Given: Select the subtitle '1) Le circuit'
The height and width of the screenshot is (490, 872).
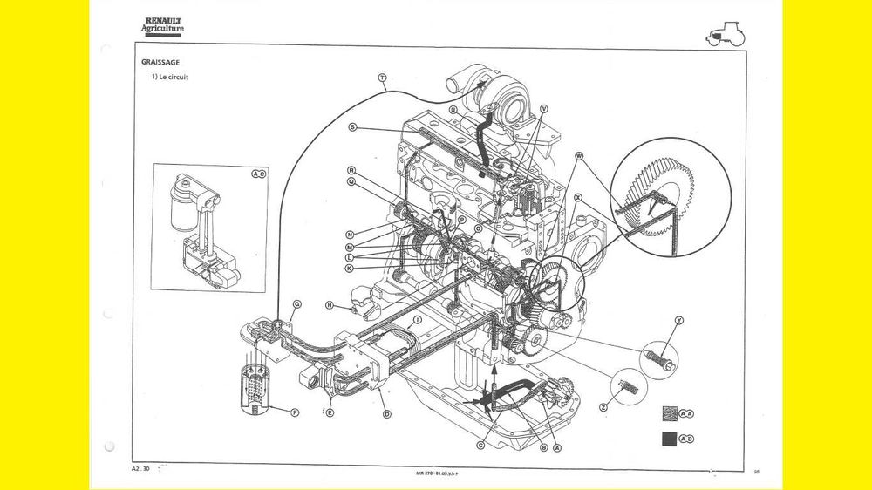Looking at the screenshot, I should (x=171, y=78).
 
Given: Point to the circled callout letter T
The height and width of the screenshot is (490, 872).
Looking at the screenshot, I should (x=383, y=78).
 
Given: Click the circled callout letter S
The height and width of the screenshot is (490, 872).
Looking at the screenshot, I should (x=352, y=127).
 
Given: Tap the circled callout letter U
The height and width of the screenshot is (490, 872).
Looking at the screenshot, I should (x=453, y=110).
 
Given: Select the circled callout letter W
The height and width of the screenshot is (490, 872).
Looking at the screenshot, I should (x=578, y=156).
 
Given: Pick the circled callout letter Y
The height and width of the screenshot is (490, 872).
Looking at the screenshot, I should (x=679, y=321).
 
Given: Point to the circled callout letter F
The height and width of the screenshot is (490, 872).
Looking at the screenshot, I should (x=294, y=412).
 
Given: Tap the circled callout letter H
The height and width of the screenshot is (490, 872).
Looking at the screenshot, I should (x=330, y=305).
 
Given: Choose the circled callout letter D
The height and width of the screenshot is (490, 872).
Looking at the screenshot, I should (x=386, y=413).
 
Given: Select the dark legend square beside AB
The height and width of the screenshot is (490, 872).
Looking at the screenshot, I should (x=669, y=439).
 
